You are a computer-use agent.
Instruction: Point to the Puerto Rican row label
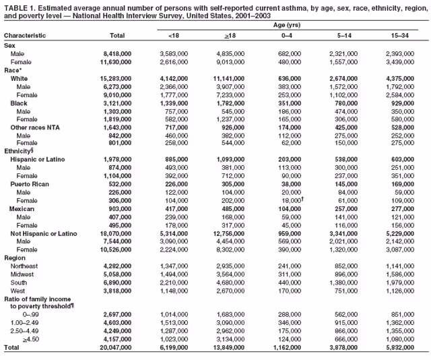pos(29,183)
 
